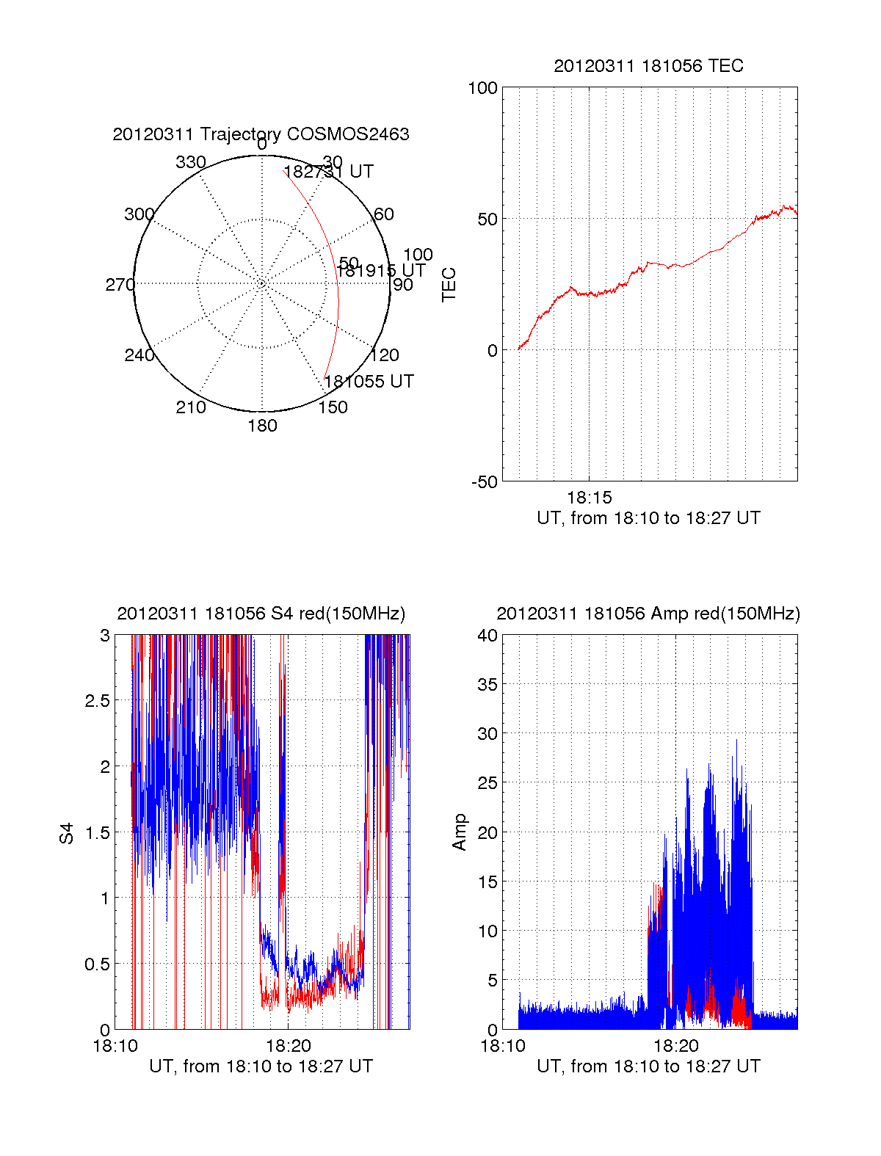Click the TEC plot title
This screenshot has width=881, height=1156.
[648, 66]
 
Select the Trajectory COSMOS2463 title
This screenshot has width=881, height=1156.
[261, 134]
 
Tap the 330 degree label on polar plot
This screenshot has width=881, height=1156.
[191, 162]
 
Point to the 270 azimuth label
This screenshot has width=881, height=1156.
[120, 285]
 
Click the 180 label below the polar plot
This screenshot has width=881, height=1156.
[262, 426]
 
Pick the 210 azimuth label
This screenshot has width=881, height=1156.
[191, 407]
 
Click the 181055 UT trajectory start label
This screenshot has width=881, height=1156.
[369, 382]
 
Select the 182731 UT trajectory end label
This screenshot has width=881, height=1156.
[329, 172]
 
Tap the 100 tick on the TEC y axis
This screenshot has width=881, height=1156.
[482, 88]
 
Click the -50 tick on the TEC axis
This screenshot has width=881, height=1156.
[485, 482]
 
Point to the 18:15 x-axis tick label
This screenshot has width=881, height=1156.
[589, 498]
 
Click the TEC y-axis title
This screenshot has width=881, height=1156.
[449, 285]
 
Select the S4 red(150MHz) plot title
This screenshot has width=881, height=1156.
[261, 614]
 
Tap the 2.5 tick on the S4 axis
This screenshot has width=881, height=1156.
[97, 701]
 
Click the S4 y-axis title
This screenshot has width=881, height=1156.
[67, 833]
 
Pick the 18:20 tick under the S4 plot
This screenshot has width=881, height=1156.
[288, 1046]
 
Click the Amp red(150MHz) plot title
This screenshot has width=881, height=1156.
[648, 614]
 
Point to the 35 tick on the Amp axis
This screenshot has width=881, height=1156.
[487, 685]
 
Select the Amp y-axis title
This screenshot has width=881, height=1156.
[460, 832]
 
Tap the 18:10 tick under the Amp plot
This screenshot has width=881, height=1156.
[503, 1046]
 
